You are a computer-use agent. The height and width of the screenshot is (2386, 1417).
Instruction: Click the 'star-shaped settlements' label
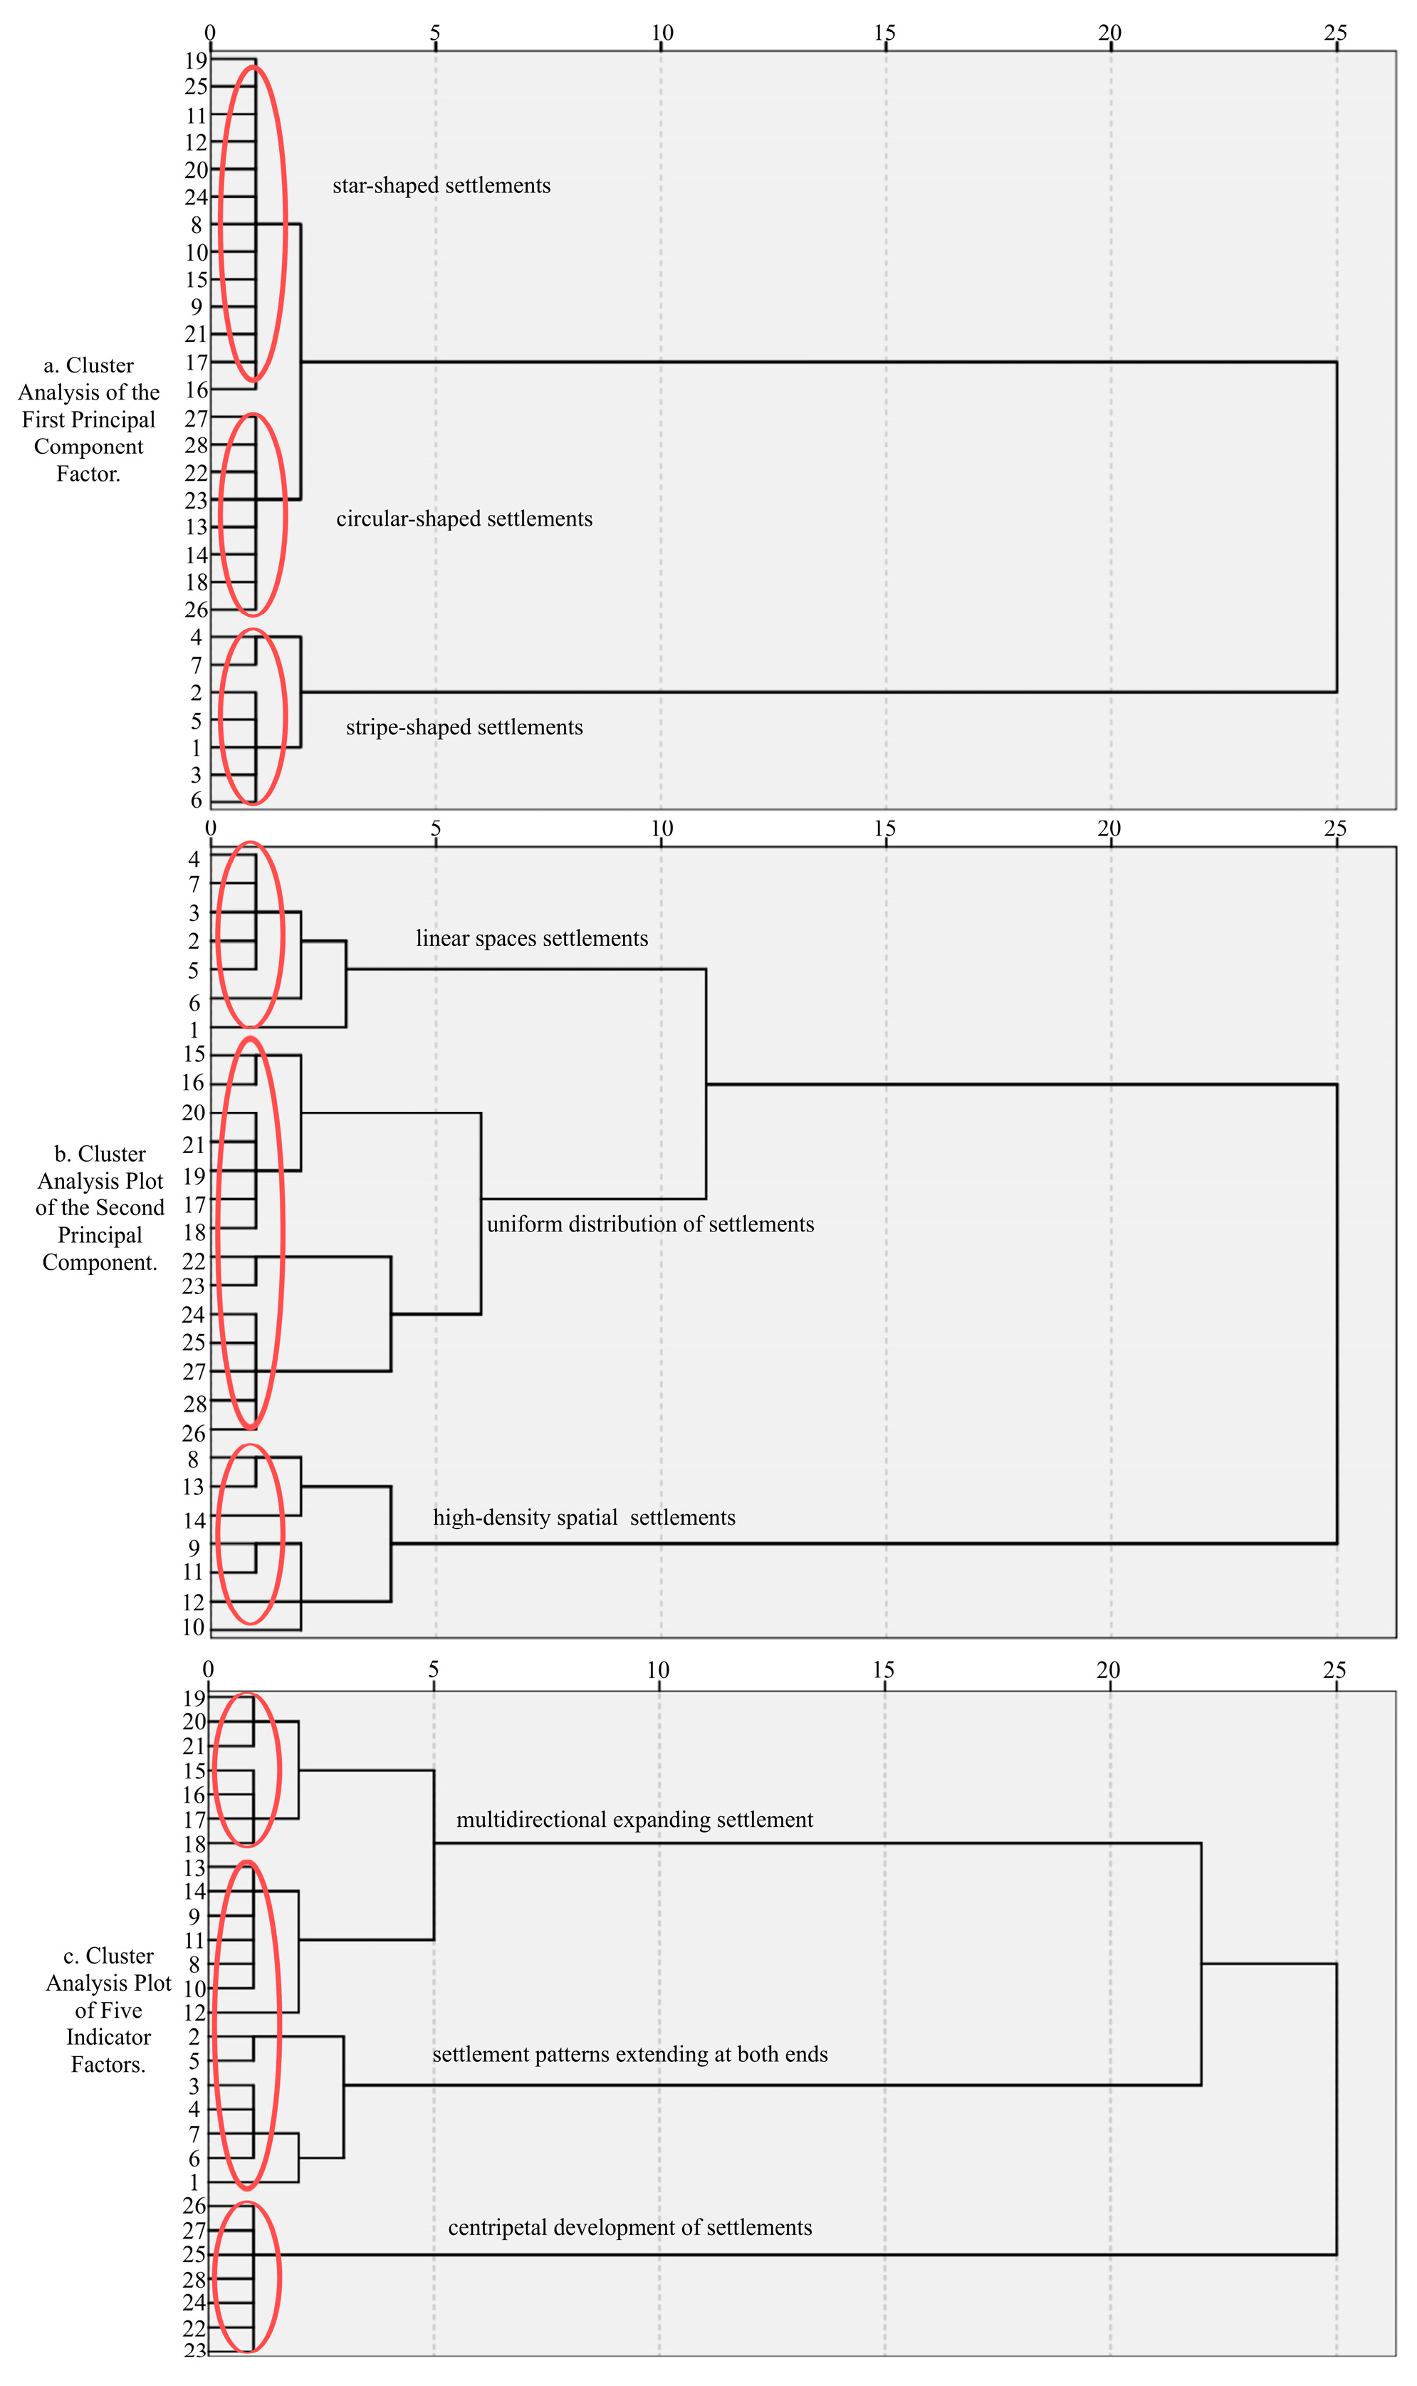pos(441,185)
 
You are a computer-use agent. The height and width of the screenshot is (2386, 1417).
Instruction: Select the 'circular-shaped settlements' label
pos(464,519)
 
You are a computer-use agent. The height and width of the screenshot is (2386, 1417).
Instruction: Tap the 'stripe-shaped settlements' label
pos(464,726)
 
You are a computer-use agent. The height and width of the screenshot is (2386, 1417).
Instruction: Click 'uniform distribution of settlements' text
pos(650,1224)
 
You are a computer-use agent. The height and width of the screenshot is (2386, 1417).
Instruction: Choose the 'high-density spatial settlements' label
pos(585,1517)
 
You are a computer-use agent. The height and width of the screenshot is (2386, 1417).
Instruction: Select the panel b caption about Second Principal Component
pos(100,1208)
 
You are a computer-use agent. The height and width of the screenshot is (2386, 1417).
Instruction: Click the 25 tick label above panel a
pos(1335,33)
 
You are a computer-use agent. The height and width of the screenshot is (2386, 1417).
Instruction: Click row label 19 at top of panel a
pos(196,60)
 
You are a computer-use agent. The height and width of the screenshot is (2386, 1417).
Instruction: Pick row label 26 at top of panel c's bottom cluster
pos(195,2206)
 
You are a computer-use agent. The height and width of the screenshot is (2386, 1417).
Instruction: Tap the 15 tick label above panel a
pos(885,33)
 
